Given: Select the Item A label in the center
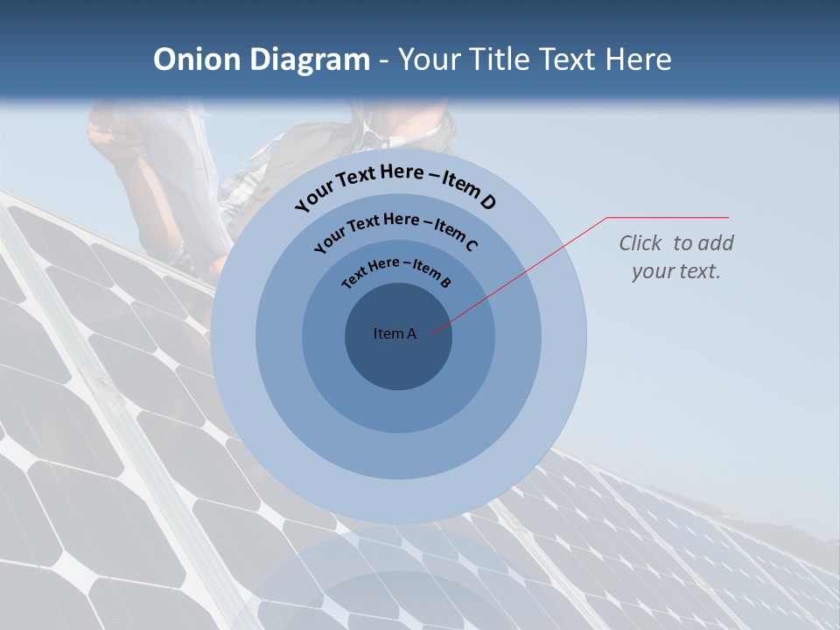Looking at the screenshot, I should [395, 333].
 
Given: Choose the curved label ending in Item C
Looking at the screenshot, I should [395, 229].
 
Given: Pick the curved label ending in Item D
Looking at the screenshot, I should [395, 184].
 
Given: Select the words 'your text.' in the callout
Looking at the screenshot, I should [675, 271].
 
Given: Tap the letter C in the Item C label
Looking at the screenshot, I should [472, 245].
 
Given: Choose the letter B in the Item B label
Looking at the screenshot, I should [445, 282].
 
